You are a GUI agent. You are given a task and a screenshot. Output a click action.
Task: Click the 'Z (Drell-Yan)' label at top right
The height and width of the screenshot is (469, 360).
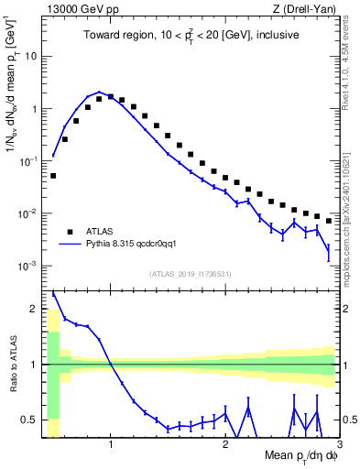(308, 10)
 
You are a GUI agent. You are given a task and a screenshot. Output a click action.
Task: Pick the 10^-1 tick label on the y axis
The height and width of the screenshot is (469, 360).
(27, 161)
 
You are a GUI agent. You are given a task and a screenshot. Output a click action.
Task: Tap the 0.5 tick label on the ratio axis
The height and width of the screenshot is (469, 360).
(30, 420)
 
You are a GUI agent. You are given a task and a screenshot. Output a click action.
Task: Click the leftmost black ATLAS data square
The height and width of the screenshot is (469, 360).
(53, 175)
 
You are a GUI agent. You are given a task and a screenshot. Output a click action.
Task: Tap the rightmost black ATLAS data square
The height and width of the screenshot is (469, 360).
(329, 220)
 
